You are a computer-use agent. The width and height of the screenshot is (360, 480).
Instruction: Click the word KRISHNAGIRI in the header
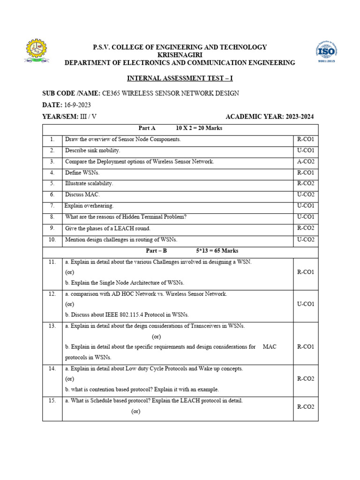pyautogui.click(x=180, y=55)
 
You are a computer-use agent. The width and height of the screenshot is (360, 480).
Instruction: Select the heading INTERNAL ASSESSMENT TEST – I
pyautogui.click(x=180, y=78)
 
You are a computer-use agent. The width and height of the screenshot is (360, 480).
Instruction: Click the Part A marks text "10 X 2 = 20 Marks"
pyautogui.click(x=199, y=128)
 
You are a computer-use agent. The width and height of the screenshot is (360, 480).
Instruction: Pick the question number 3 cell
pyautogui.click(x=52, y=161)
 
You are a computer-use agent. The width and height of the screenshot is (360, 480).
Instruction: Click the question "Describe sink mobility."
pyautogui.click(x=93, y=150)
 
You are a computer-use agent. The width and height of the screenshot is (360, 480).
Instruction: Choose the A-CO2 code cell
pyautogui.click(x=306, y=161)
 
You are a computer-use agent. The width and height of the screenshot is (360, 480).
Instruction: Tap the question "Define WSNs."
pyautogui.click(x=82, y=172)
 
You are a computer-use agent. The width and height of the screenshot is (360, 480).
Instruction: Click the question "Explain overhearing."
pyautogui.click(x=89, y=206)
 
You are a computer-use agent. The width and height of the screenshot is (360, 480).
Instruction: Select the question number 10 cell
pyautogui.click(x=52, y=240)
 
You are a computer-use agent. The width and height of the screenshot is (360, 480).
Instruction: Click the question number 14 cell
pyautogui.click(x=52, y=369)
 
